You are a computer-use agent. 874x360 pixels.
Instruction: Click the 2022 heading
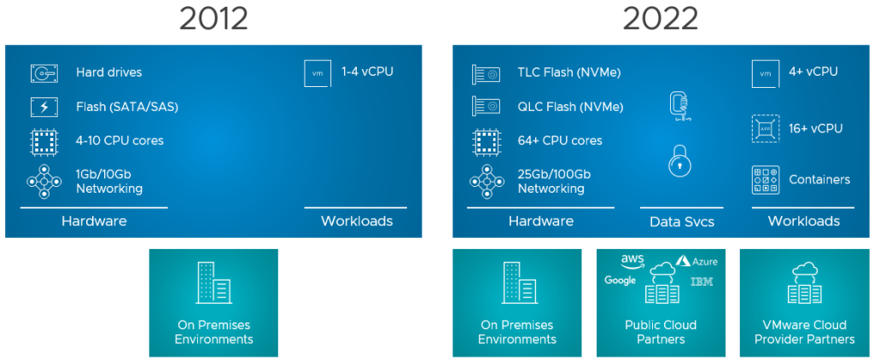660,18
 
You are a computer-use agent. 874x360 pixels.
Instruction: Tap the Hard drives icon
44,73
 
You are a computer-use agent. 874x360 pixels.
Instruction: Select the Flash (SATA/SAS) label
126,107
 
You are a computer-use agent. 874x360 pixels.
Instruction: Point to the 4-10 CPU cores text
119,140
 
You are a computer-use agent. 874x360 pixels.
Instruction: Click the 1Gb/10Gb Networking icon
44,181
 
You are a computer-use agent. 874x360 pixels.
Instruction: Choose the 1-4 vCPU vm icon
318,73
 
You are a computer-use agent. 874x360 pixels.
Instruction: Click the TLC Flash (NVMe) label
570,73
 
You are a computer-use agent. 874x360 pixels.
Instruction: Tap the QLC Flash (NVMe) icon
486,107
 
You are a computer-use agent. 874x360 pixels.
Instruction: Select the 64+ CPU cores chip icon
486,140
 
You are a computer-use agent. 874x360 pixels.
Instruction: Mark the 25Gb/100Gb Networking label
553,181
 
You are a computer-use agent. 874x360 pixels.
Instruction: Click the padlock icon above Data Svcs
679,160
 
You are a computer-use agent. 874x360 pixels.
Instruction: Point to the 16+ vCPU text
816,128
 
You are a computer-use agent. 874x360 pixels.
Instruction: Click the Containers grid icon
765,180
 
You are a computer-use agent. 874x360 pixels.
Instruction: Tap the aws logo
632,259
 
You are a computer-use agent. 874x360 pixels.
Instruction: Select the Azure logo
697,261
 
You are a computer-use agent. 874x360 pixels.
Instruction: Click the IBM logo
702,281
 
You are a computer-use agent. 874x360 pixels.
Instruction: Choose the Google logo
621,281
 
